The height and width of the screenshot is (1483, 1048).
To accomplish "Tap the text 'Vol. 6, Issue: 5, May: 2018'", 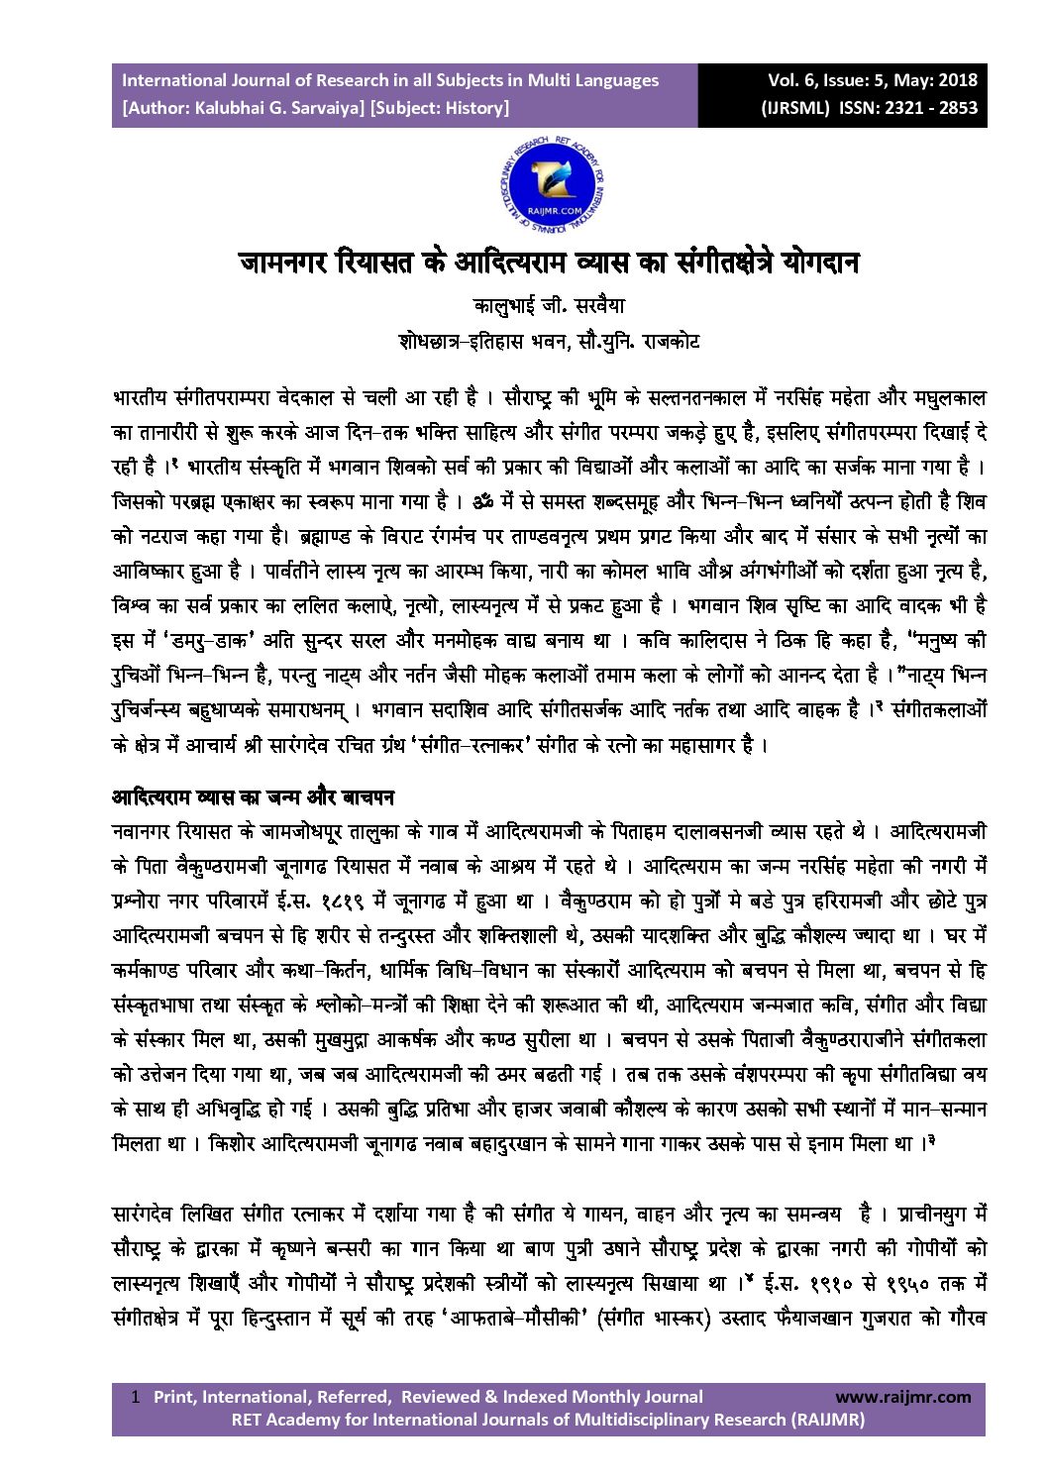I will click(x=872, y=80).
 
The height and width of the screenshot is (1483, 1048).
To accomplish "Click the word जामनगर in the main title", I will click(x=284, y=263).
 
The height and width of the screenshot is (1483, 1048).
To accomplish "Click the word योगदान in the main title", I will click(x=819, y=263).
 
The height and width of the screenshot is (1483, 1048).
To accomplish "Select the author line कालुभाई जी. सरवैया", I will click(x=549, y=306).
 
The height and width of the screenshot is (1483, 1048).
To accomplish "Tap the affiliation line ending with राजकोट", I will click(x=549, y=342).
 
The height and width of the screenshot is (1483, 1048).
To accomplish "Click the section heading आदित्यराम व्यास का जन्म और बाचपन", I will click(x=253, y=796).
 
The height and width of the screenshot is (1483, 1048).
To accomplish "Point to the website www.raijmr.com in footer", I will click(x=902, y=1397).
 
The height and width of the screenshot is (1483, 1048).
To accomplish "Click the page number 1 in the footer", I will click(x=136, y=1397).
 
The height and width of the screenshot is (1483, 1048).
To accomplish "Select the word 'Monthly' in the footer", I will click(x=579, y=1397).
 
